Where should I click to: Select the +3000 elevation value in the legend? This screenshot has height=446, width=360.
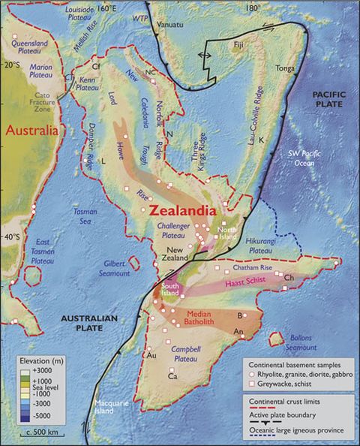click(x=46, y=371)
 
